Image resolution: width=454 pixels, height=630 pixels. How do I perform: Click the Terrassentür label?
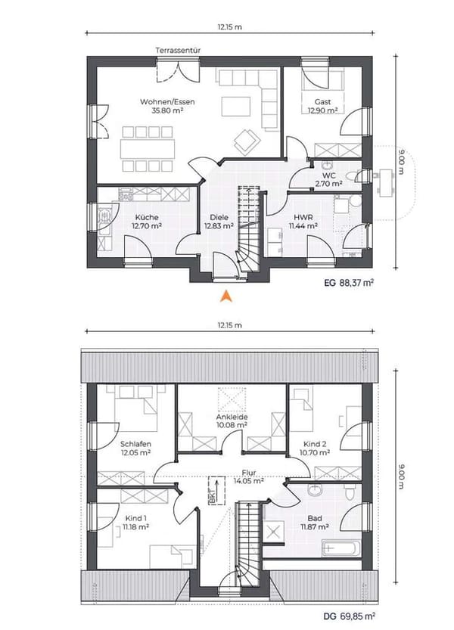pyautogui.click(x=178, y=50)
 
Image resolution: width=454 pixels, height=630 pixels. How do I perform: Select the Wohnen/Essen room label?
pyautogui.click(x=167, y=101)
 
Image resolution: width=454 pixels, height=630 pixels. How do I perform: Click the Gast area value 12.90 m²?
pyautogui.click(x=322, y=110)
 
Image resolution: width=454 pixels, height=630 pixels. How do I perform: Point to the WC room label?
pyautogui.click(x=329, y=176)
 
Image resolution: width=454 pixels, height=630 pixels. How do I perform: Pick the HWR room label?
pyautogui.click(x=303, y=217)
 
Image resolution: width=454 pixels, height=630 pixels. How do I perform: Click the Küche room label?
pyautogui.click(x=147, y=217)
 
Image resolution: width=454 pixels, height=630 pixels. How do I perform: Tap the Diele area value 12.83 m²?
pyautogui.click(x=219, y=226)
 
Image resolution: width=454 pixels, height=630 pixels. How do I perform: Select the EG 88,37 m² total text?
pyautogui.click(x=349, y=283)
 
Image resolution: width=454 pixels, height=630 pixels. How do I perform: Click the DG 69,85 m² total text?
pyautogui.click(x=349, y=616)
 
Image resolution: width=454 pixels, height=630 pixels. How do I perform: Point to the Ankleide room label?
pyautogui.click(x=232, y=417)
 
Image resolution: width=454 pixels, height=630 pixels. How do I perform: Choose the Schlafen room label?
pyautogui.click(x=135, y=444)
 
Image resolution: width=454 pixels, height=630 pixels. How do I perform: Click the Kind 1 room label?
pyautogui.click(x=136, y=518)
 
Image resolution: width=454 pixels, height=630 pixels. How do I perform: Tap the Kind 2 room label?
pyautogui.click(x=315, y=444)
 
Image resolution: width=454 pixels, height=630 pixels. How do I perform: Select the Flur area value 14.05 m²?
pyautogui.click(x=249, y=480)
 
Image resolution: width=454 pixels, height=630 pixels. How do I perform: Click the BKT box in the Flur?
pyautogui.click(x=216, y=491)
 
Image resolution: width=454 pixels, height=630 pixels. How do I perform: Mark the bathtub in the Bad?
pyautogui.click(x=341, y=548)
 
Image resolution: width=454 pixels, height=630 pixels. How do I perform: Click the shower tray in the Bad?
pyautogui.click(x=274, y=530)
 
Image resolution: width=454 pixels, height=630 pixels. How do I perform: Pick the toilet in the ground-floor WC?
pyautogui.click(x=353, y=176)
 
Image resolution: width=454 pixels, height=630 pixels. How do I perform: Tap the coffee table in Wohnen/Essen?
pyautogui.click(x=236, y=107)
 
